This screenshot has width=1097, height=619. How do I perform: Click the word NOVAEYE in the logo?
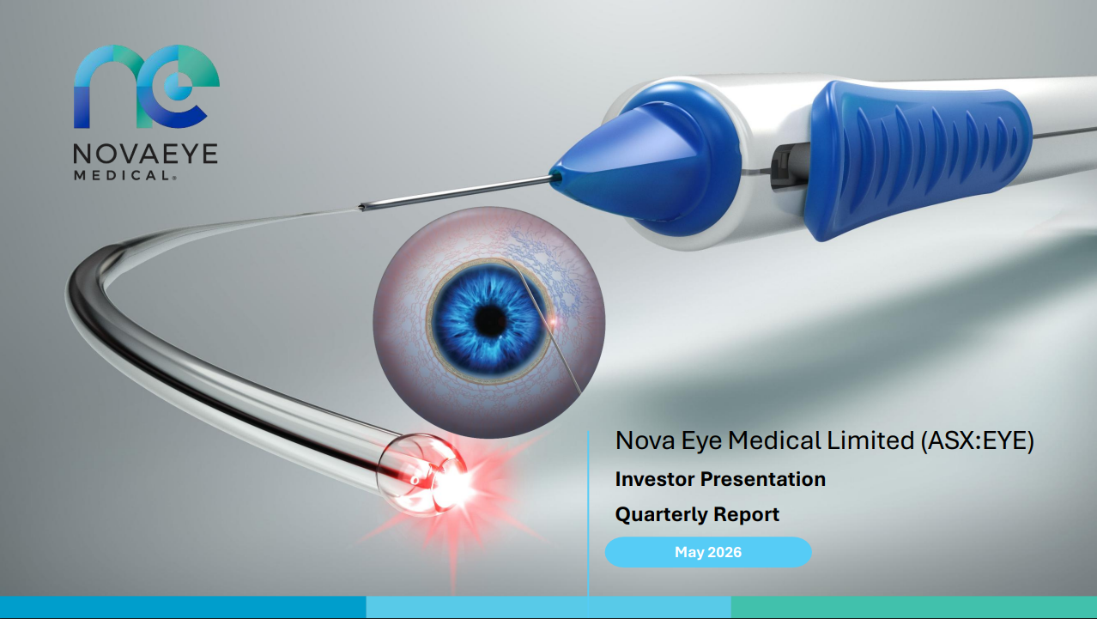pos(145,154)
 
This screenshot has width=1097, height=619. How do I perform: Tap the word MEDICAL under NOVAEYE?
pos(124,175)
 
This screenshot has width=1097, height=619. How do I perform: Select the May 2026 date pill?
pos(708,552)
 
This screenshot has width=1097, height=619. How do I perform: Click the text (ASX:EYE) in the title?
pos(978,440)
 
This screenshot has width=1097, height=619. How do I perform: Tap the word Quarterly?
pos(661,515)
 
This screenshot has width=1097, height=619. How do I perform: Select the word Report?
pos(746,515)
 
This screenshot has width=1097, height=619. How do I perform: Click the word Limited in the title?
pos(870,440)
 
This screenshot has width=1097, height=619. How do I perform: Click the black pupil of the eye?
pos(490,321)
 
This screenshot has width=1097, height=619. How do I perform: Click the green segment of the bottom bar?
pos(914,607)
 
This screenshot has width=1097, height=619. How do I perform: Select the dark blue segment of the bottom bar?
pos(183,607)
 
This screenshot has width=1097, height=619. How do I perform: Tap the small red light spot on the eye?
pos(554,322)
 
